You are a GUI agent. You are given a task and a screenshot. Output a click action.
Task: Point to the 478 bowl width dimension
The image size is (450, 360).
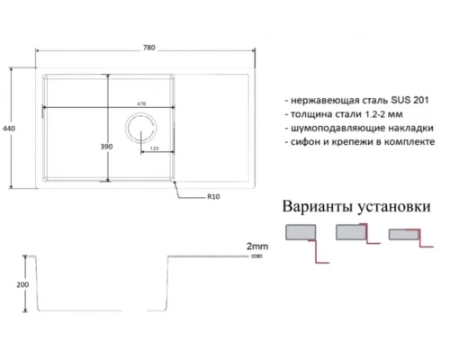pos(141,104)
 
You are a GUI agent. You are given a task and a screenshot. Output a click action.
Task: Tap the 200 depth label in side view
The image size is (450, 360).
pos(22,285)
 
